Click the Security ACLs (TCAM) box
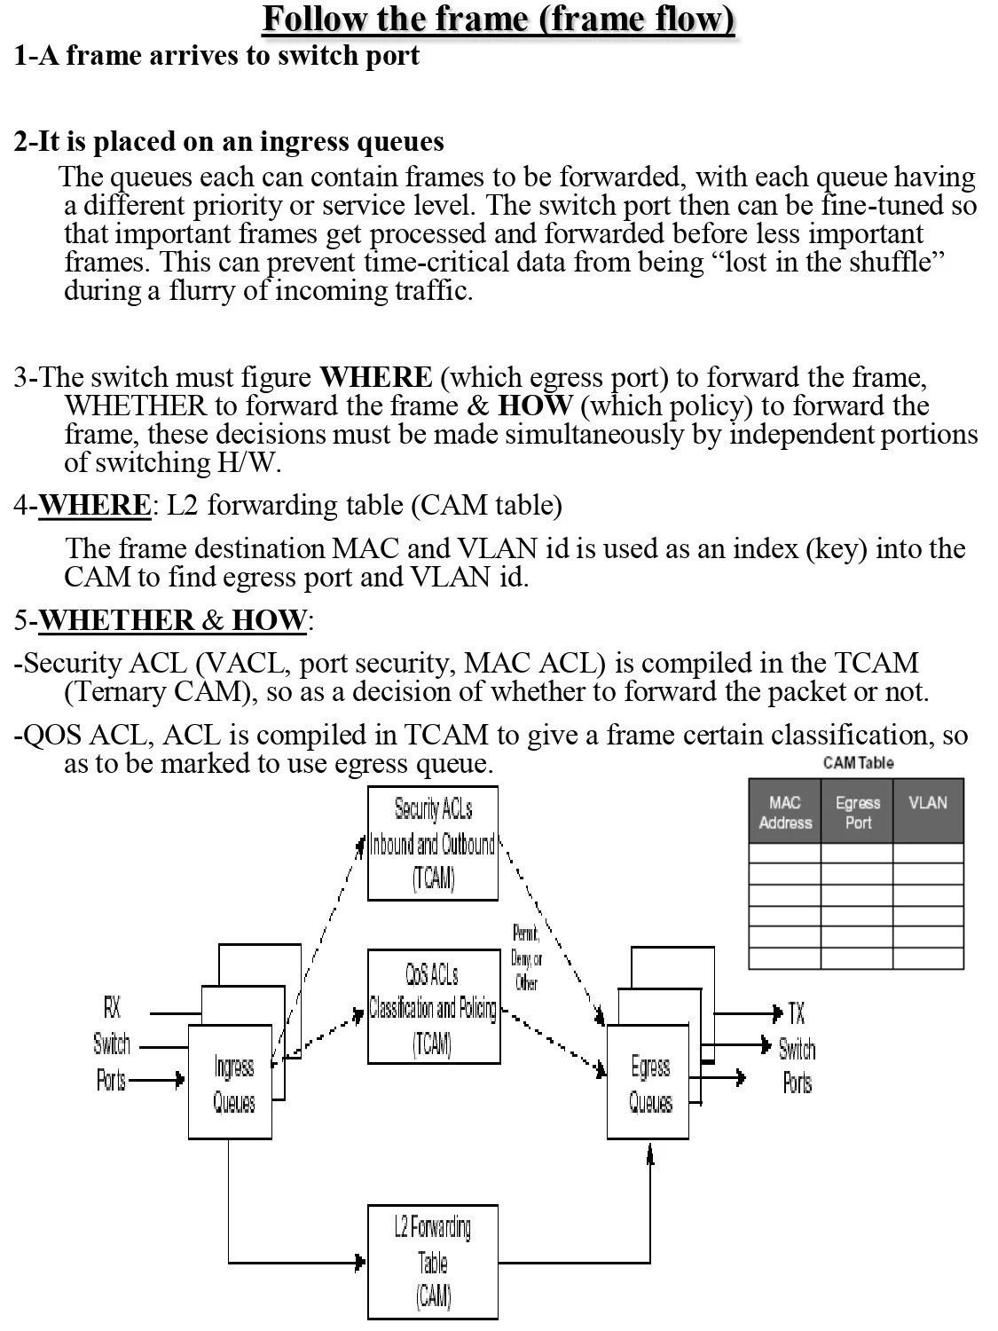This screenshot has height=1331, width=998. click(433, 843)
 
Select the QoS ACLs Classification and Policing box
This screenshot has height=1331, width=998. click(433, 1006)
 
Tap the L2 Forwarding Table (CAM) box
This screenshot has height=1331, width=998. click(433, 1262)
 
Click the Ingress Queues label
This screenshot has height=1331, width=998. click(233, 1083)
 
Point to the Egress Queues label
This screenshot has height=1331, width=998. click(650, 1083)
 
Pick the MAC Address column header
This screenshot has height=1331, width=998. click(785, 812)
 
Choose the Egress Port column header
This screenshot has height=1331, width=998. click(858, 812)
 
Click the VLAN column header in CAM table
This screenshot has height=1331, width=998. click(928, 803)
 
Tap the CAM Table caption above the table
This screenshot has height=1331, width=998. click(858, 762)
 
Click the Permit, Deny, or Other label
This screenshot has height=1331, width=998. click(526, 957)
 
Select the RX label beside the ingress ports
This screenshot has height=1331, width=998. click(112, 1007)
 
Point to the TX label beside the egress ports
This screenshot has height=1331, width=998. click(797, 1013)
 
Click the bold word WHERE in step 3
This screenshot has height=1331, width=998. click(375, 377)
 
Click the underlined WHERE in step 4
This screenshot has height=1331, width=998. click(95, 505)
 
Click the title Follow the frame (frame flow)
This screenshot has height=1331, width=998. click(499, 19)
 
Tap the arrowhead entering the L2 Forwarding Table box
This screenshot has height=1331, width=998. click(361, 1262)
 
